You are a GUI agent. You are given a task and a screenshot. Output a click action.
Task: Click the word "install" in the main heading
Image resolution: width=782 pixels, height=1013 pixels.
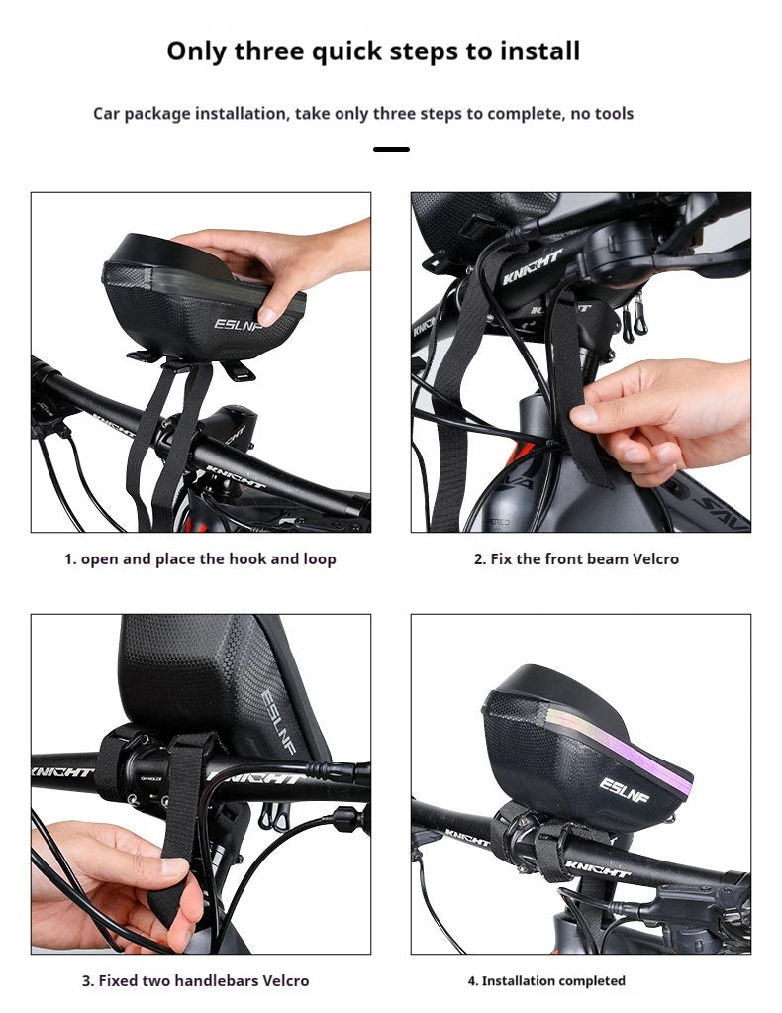click(x=539, y=51)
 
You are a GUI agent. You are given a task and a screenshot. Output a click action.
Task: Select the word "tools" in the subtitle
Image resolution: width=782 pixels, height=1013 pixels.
click(x=614, y=114)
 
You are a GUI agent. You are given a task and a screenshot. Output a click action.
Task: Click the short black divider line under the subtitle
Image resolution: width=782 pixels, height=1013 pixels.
click(x=391, y=149)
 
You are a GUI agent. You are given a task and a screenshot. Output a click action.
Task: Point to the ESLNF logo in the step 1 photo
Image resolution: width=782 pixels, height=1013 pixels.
click(x=239, y=323)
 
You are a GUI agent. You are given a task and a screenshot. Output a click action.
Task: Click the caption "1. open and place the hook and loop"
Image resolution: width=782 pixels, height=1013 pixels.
click(x=200, y=559)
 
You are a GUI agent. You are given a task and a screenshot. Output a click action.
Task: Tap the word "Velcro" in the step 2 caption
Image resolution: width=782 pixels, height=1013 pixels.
click(x=655, y=558)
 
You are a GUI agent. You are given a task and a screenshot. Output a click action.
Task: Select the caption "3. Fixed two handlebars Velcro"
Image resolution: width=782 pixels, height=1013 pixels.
click(x=196, y=980)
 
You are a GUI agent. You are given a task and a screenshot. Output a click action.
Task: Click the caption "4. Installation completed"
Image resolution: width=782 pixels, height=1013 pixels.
click(x=546, y=980)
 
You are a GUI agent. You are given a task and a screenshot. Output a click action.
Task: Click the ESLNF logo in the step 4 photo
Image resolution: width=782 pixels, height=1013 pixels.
click(x=624, y=789)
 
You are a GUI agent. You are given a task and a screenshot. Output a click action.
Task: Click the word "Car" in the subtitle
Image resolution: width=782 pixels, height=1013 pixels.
click(x=106, y=114)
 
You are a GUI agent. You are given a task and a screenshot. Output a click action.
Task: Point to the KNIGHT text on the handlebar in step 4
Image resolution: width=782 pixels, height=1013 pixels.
click(x=597, y=869)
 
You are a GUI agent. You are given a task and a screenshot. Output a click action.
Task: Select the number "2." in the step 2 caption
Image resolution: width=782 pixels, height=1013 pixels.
click(x=480, y=559)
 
